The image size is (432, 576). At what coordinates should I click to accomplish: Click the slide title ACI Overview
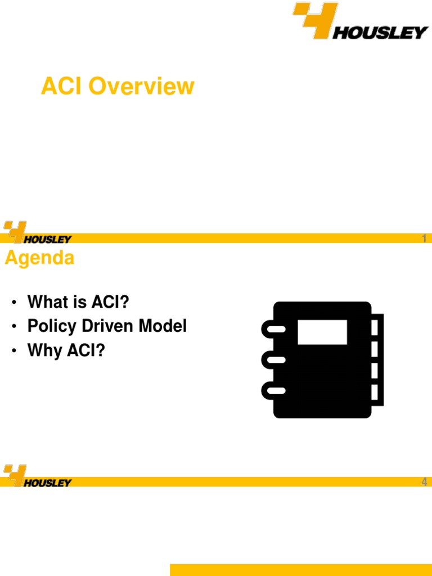118,87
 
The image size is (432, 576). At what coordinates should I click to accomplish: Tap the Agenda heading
39,258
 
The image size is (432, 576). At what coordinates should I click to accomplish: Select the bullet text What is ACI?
78,302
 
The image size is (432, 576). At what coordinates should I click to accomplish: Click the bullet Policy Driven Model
107,326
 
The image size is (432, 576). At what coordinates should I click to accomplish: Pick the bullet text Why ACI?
66,350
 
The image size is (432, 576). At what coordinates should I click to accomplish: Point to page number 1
424,239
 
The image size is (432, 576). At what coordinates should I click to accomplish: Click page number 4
424,482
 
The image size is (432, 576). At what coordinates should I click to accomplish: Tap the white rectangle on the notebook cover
322,332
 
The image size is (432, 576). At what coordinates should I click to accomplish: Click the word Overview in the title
141,87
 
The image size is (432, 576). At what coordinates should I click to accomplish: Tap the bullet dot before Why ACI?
13,352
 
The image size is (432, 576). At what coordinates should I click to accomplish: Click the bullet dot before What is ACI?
13,303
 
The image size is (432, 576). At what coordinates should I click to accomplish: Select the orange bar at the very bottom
300,569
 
